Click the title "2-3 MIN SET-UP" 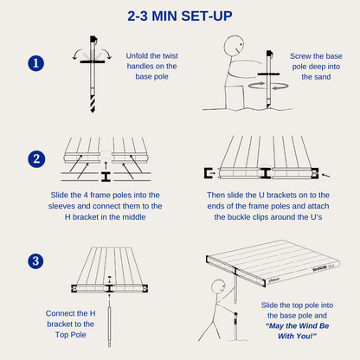pyautogui.click(x=180, y=16)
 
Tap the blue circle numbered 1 pyautogui.click(x=36, y=63)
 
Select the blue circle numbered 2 pyautogui.click(x=36, y=159)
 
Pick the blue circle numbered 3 pyautogui.click(x=35, y=261)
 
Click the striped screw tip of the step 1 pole pyautogui.click(x=93, y=104)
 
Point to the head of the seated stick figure pyautogui.click(x=234, y=45)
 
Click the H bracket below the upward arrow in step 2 pyautogui.click(x=106, y=177)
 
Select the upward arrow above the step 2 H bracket pyautogui.click(x=106, y=165)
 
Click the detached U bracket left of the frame pyautogui.click(x=208, y=173)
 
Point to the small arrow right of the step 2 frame pyautogui.click(x=326, y=175)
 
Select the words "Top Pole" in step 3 pyautogui.click(x=71, y=335)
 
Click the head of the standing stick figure pyautogui.click(x=218, y=286)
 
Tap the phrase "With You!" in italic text pyautogui.click(x=297, y=337)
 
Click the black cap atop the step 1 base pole pyautogui.click(x=93, y=39)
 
